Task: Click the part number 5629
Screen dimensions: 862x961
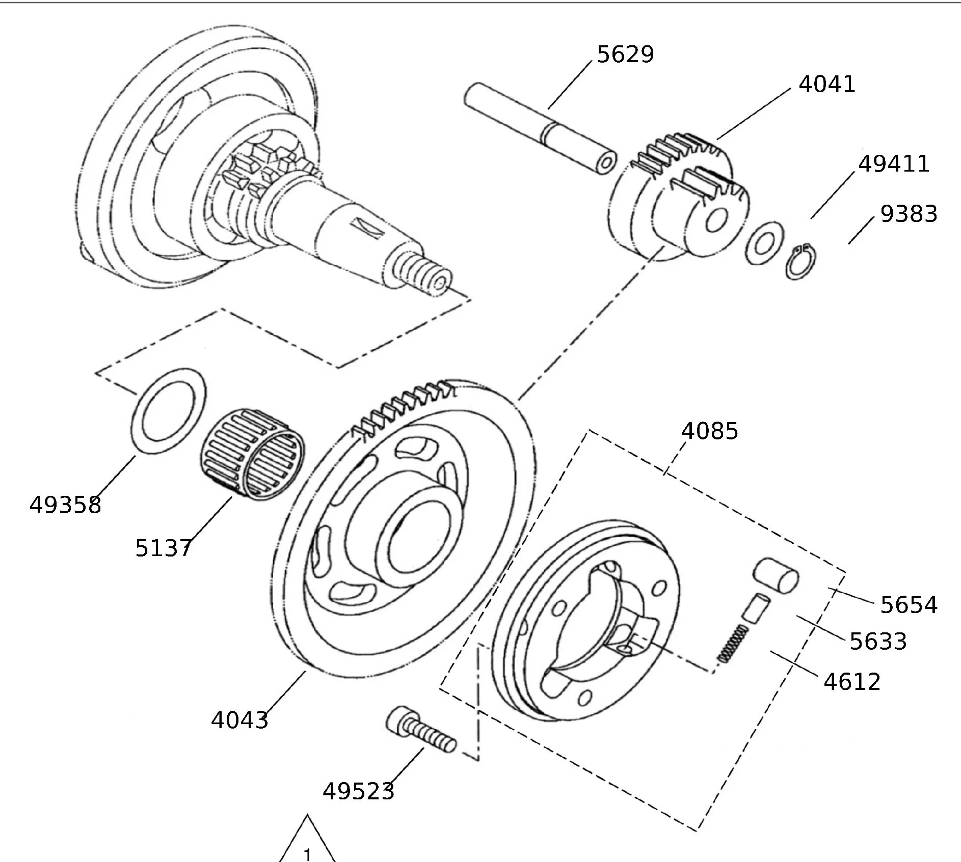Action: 625,54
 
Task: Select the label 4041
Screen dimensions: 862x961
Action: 826,84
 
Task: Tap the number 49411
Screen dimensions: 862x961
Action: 894,164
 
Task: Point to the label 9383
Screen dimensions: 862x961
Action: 909,214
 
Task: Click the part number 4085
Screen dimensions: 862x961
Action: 709,431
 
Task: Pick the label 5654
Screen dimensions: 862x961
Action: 909,605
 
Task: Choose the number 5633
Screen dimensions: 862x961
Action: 878,642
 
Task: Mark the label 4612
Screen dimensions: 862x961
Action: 852,682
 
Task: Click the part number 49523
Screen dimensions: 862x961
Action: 358,791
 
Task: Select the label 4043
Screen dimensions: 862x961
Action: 239,720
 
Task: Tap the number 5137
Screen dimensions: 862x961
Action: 163,548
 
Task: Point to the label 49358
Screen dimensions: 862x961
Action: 65,505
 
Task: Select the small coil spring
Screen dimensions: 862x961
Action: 732,644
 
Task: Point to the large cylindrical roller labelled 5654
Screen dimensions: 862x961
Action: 776,575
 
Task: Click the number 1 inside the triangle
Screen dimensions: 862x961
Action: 307,853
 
